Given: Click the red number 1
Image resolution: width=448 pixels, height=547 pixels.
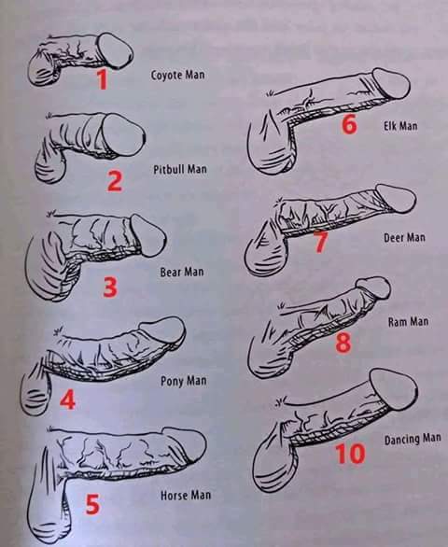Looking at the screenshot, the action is coord(102,79).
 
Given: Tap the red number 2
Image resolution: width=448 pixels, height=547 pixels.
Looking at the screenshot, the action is coord(115,181).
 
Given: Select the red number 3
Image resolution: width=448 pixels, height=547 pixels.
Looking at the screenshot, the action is coord(110,288).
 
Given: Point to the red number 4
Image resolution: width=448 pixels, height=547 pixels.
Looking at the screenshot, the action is coord(67,400).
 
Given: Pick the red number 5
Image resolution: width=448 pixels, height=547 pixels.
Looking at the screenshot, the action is coord(92,504).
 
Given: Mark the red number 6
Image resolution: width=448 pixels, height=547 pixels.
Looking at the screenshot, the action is coord(349,124).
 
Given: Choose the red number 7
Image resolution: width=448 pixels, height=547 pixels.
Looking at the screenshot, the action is coord(321,242).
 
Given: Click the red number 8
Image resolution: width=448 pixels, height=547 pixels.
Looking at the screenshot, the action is coord(343,343).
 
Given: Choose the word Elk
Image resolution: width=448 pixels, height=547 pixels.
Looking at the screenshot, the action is coord(390,125).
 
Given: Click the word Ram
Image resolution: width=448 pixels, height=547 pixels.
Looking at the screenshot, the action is coord(397,322).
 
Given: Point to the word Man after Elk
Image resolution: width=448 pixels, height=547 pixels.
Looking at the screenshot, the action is coord(408,126).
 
